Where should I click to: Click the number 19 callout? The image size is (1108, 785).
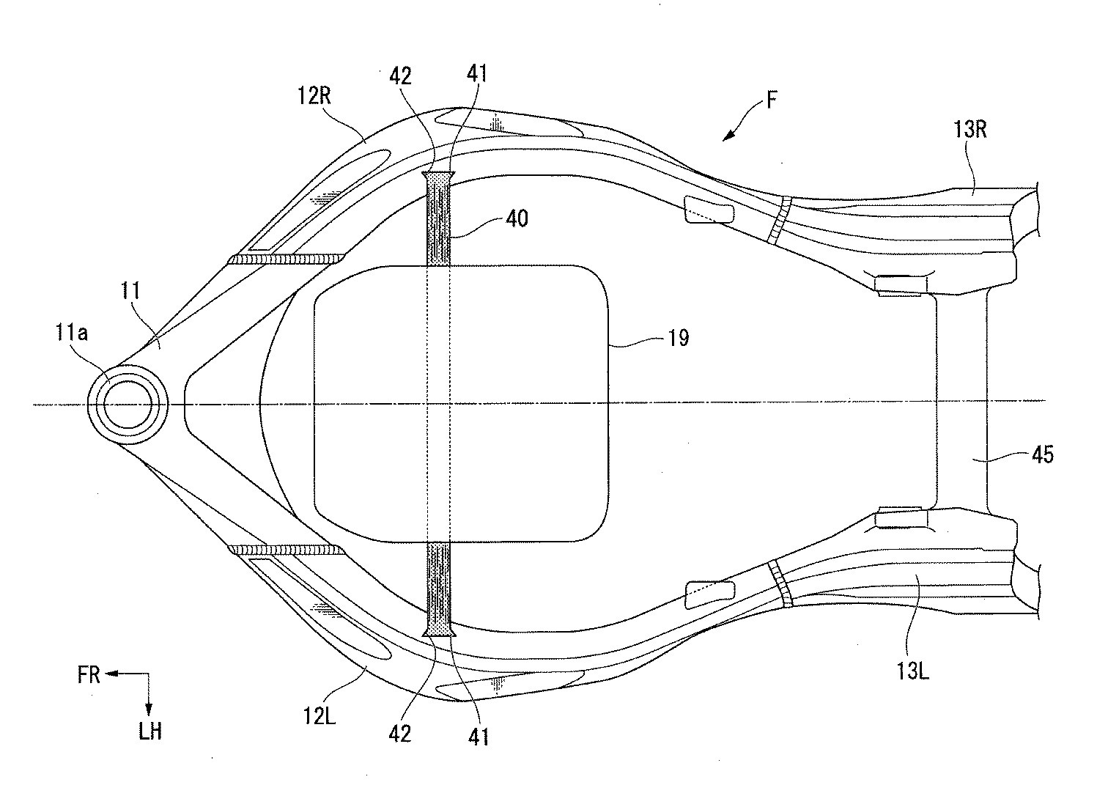[x=679, y=338]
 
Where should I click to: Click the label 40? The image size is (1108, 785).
[x=517, y=218]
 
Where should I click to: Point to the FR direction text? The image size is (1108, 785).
[x=89, y=675]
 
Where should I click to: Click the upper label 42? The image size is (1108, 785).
[x=402, y=76]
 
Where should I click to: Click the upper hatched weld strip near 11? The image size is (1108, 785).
[x=287, y=259]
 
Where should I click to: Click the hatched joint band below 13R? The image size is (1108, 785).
[x=780, y=218]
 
